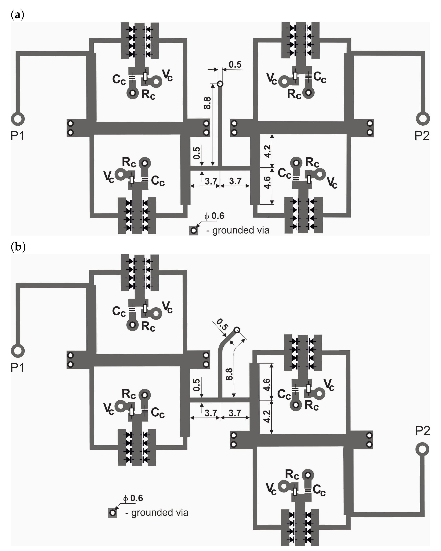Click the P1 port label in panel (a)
pyautogui.click(x=17, y=135)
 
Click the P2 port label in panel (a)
pyautogui.click(x=422, y=135)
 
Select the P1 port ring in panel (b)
pyautogui.click(x=18, y=351)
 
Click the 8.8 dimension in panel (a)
pyautogui.click(x=207, y=103)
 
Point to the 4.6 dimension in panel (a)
pyautogui.click(x=267, y=182)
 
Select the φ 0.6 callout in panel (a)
pyautogui.click(x=214, y=216)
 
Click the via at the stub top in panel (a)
pyautogui.click(x=220, y=84)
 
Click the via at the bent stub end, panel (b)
pyautogui.click(x=237, y=330)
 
